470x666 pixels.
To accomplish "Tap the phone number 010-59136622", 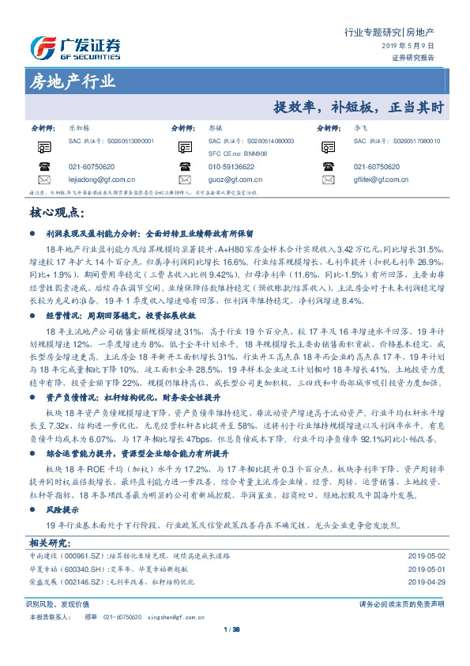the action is pos(231,167).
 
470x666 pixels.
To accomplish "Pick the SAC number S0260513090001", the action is pos(126,140).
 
